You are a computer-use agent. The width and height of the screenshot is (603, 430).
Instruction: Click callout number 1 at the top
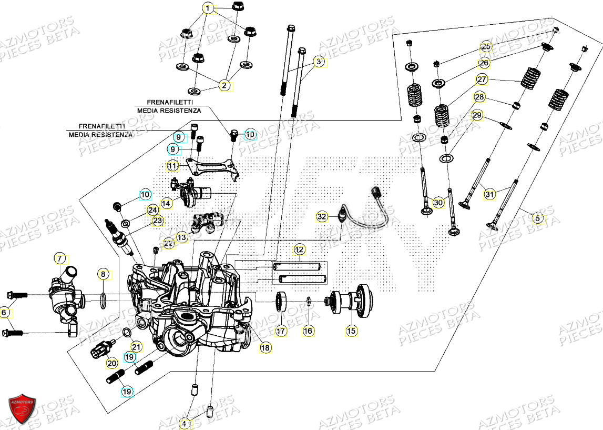209,8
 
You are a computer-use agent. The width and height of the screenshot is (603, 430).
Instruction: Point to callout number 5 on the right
537,217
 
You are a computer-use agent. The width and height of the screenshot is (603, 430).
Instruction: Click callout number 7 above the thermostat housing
60,258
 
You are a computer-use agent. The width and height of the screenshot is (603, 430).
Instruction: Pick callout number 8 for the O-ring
104,274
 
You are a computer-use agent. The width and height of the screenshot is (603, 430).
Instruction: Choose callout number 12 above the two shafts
299,249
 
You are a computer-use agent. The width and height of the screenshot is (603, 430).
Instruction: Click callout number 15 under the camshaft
351,331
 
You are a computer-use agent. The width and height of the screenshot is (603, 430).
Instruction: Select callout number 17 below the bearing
281,331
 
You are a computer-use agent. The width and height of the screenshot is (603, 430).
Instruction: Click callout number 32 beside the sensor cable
322,216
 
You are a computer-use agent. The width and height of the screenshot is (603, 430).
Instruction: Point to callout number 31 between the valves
489,194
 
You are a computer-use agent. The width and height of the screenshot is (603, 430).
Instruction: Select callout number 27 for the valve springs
482,80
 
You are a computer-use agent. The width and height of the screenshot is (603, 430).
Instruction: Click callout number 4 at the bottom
184,423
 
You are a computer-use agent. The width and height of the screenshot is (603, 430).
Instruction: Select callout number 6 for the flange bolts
5,313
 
